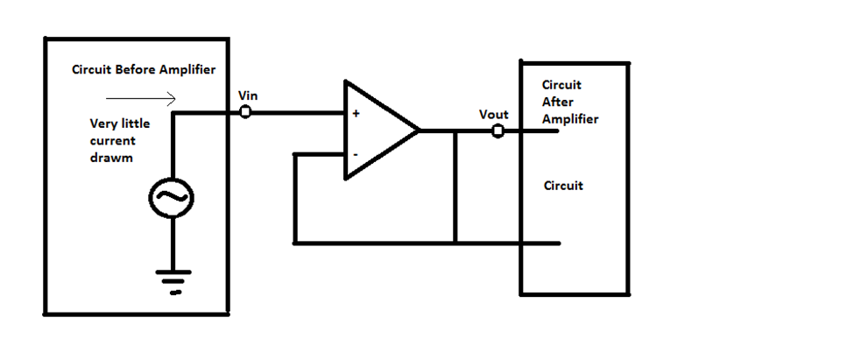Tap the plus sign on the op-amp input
[x=356, y=114]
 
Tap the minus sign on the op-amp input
[x=355, y=154]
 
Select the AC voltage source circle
[x=171, y=200]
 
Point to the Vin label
[x=248, y=95]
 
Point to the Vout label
[x=494, y=115]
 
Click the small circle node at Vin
[x=245, y=112]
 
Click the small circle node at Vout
[x=497, y=131]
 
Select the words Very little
[x=120, y=124]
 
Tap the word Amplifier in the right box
[x=570, y=118]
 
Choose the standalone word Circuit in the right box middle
[x=563, y=186]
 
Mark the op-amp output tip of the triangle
[x=419, y=131]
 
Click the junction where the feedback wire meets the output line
[x=455, y=131]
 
